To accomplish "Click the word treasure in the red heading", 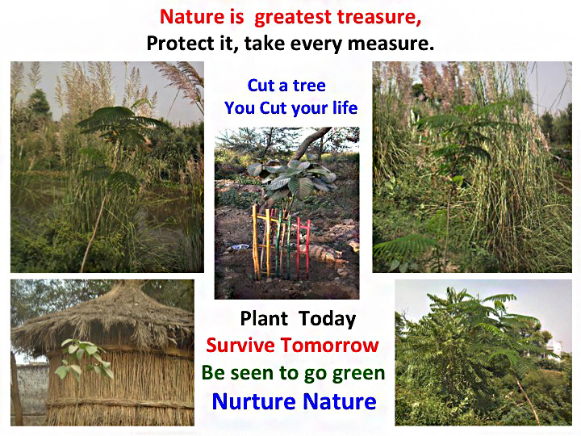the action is (x=379, y=17).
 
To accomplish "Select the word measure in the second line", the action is (x=391, y=44).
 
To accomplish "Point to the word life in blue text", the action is (x=345, y=108).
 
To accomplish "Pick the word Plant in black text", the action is (x=264, y=318).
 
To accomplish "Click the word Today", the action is (x=327, y=319).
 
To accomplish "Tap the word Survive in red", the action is (x=240, y=346).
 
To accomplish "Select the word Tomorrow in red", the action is (x=329, y=346).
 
